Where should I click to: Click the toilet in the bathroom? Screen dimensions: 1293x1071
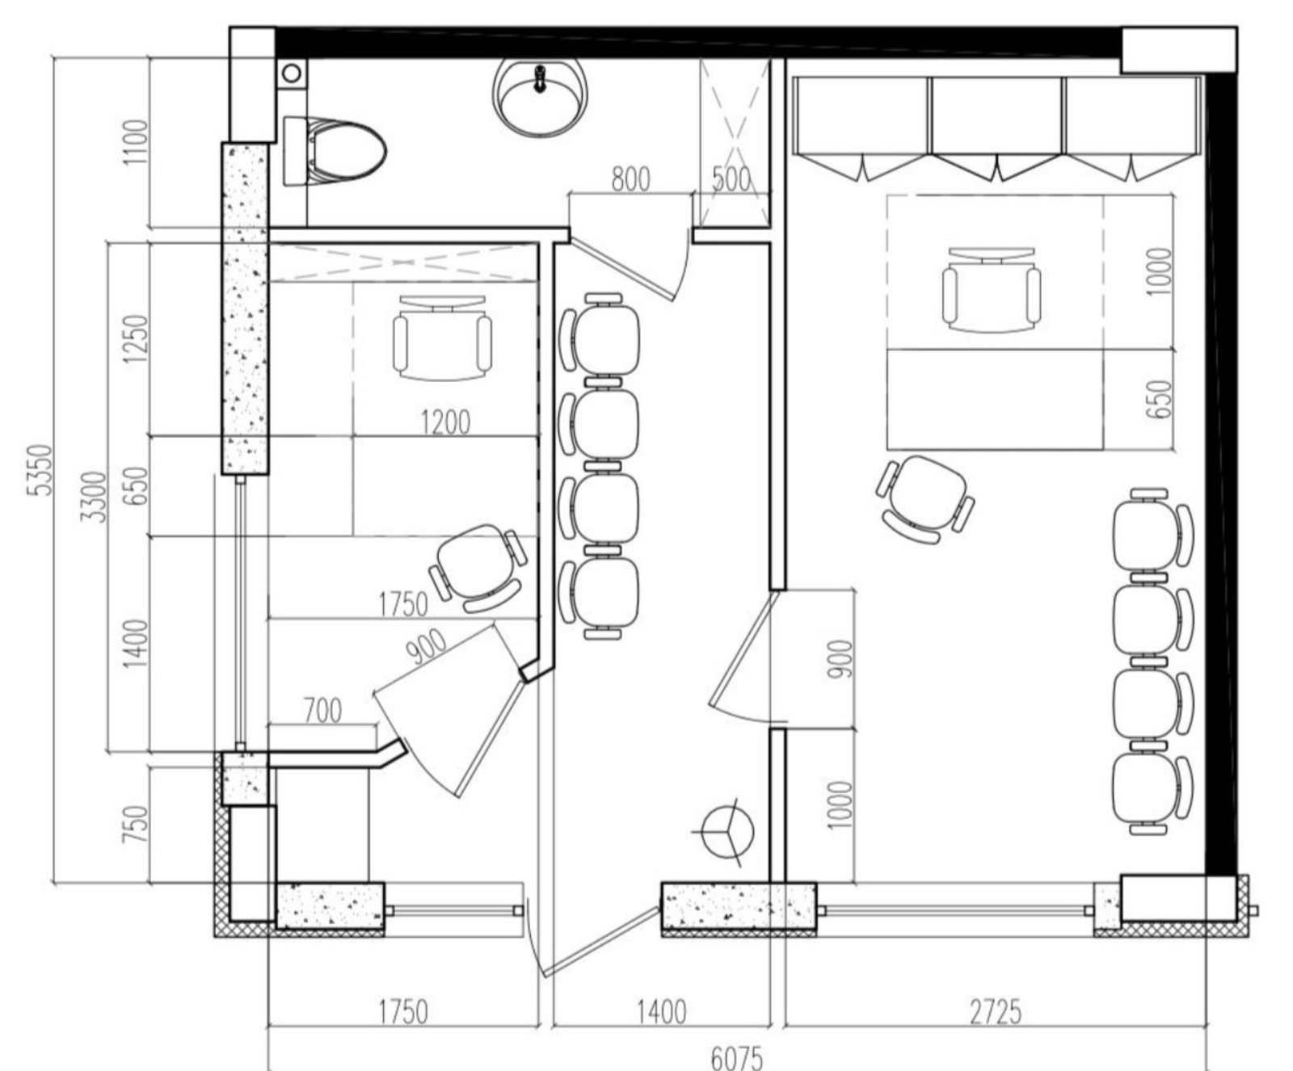tap(334, 151)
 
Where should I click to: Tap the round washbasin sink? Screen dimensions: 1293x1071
tap(540, 95)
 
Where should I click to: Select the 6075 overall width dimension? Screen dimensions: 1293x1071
tap(736, 1056)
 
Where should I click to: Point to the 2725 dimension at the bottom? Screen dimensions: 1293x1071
tap(995, 1011)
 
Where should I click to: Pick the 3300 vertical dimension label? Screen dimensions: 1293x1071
tap(95, 496)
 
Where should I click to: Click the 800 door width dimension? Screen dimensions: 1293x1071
tap(630, 179)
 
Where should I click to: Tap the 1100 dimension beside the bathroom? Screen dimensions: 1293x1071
tap(135, 142)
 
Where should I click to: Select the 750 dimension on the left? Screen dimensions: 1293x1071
tap(135, 824)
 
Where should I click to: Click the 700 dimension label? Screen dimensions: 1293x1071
tap(322, 711)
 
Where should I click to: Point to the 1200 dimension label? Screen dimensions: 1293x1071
tap(445, 422)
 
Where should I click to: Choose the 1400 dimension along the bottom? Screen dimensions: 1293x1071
tap(661, 1011)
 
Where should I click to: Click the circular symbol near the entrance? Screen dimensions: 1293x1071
tap(727, 833)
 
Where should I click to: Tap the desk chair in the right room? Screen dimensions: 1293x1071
tap(991, 288)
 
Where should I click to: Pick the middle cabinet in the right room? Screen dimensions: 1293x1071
tap(997, 128)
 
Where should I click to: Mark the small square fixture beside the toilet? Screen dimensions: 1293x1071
tap(292, 73)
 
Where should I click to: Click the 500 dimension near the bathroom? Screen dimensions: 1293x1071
tap(731, 179)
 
